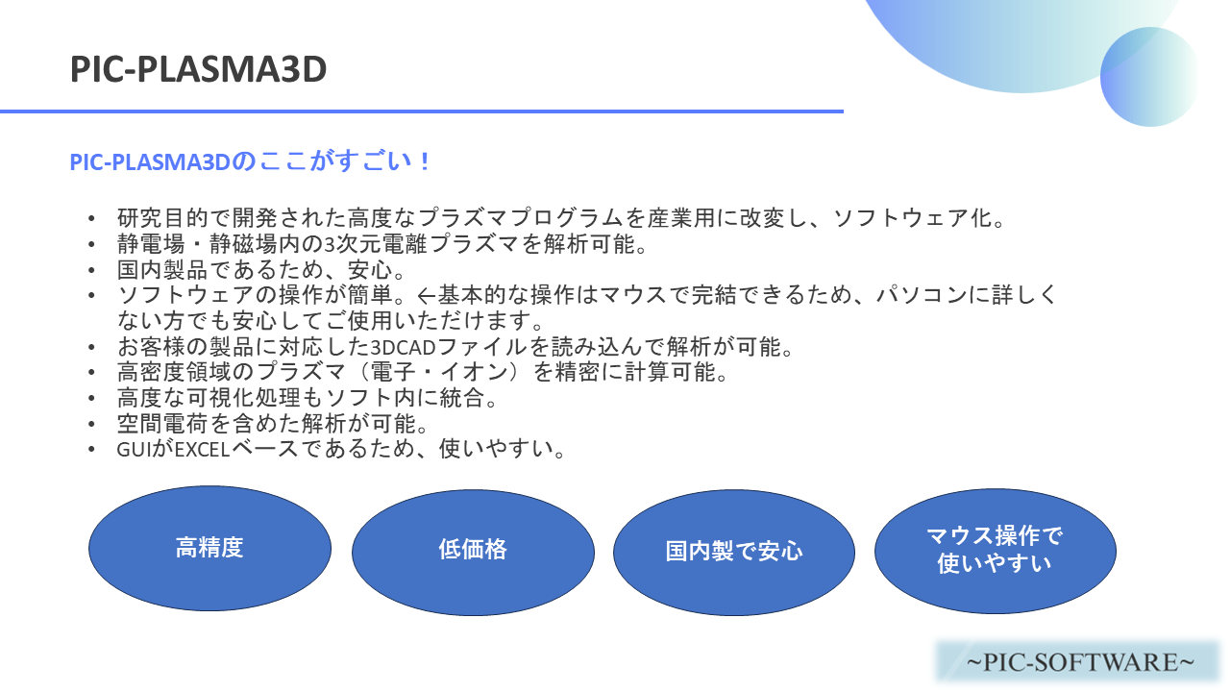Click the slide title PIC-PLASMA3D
pyautogui.click(x=198, y=69)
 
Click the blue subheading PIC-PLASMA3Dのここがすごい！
pyautogui.click(x=251, y=162)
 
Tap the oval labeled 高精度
pyautogui.click(x=209, y=548)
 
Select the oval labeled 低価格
pyautogui.click(x=473, y=552)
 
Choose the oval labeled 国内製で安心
pyautogui.click(x=734, y=552)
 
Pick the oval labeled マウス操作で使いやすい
pyautogui.click(x=995, y=551)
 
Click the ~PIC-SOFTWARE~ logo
pyautogui.click(x=1079, y=662)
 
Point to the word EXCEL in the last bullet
pyautogui.click(x=202, y=450)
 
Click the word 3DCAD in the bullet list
pyautogui.click(x=403, y=347)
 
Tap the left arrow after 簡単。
pyautogui.click(x=426, y=296)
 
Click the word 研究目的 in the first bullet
pyautogui.click(x=162, y=218)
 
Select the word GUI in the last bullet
pyautogui.click(x=133, y=450)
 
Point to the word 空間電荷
pyautogui.click(x=162, y=424)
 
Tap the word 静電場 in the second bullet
pyautogui.click(x=151, y=244)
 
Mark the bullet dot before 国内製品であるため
pyautogui.click(x=91, y=270)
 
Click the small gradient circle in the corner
pyautogui.click(x=1150, y=77)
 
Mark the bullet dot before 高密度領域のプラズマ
pyautogui.click(x=91, y=372)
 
